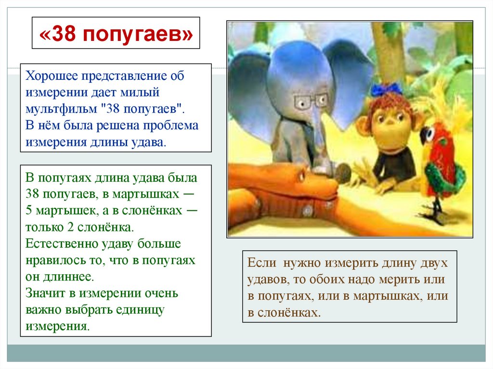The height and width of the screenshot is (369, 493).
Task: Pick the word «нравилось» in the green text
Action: (x=52, y=260)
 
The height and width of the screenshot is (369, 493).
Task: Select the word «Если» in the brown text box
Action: (x=261, y=263)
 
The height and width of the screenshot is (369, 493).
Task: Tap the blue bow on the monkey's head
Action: (x=386, y=89)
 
